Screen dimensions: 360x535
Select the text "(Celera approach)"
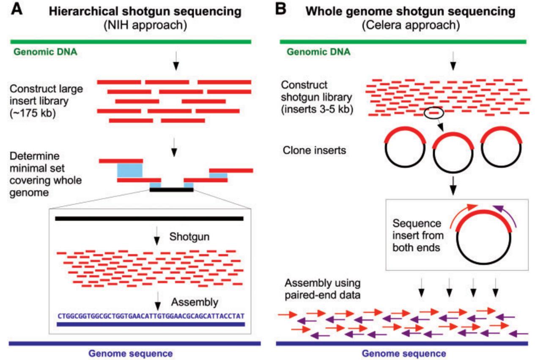pos(410,26)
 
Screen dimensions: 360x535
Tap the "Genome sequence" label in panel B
pos(403,353)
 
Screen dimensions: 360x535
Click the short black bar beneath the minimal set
pos(171,190)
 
